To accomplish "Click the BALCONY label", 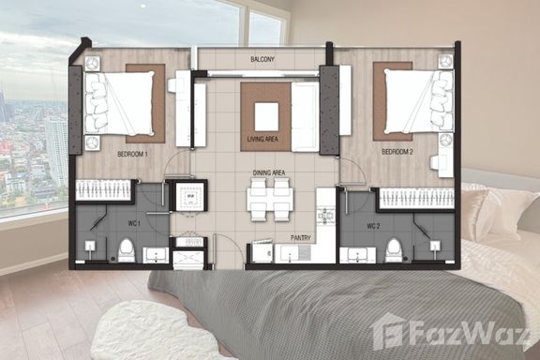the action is [262, 59].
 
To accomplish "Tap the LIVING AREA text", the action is [262, 139].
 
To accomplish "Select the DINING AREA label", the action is [269, 172].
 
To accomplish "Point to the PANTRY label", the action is [301, 238].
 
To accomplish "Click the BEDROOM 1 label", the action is [132, 154].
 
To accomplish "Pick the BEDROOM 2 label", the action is [397, 152].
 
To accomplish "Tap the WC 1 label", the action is [134, 223].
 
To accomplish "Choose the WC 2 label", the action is [373, 226].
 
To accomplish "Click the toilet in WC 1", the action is [126, 250].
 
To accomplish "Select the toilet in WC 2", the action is [394, 250].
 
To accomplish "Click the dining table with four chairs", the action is [270, 200].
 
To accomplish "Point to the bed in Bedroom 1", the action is [119, 103].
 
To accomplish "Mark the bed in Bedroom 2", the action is [419, 101].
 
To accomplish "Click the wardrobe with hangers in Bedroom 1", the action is [103, 189].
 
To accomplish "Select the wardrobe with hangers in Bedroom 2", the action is [416, 199].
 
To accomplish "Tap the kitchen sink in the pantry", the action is [290, 253].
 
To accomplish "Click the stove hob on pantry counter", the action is [325, 216].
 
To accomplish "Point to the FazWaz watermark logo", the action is [451, 333].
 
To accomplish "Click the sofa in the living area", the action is [305, 117].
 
